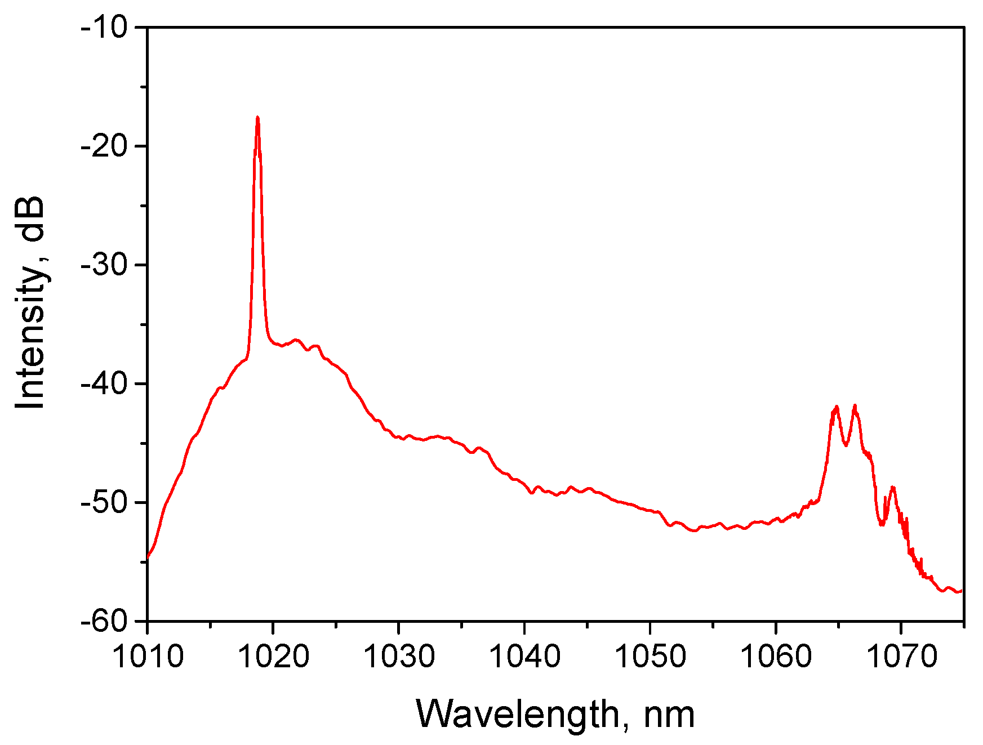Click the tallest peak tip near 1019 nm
pos(257,117)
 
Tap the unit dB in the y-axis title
pos(31,220)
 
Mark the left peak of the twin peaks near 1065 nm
pos(837,406)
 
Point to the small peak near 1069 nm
pos(893,487)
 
